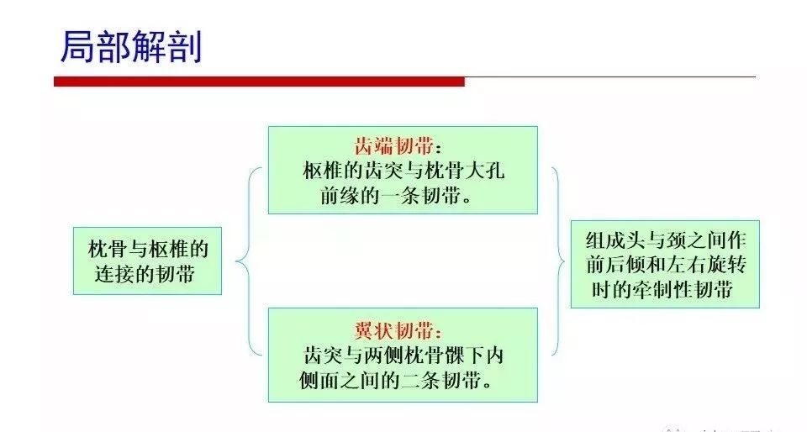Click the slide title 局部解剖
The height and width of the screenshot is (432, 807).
[x=131, y=47]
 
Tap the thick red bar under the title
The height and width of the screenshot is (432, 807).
[x=260, y=82]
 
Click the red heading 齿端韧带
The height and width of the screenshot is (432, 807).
[x=393, y=146]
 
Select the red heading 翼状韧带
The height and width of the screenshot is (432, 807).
[x=393, y=330]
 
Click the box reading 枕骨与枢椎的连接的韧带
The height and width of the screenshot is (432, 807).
[x=147, y=261]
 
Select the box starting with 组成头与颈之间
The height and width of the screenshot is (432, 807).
[x=665, y=265]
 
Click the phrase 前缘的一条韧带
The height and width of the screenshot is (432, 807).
[x=390, y=196]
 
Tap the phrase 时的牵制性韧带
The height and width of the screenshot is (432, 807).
[x=662, y=290]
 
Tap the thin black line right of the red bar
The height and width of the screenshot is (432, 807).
[x=610, y=77]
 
